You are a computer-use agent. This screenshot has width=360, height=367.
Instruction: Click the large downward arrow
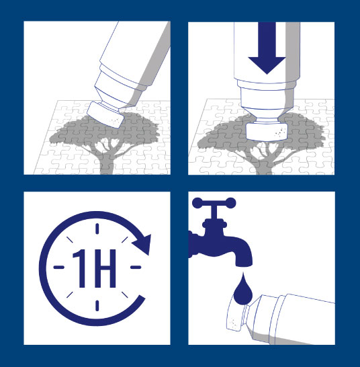pyautogui.click(x=267, y=48)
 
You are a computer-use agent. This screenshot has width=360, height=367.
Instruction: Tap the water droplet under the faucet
pyautogui.click(x=243, y=290)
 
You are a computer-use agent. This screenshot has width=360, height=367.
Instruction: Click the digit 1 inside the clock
pyautogui.click(x=79, y=268)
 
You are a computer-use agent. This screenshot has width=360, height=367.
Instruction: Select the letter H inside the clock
pyautogui.click(x=105, y=268)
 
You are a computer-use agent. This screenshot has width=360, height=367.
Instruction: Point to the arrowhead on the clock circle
pyautogui.click(x=142, y=244)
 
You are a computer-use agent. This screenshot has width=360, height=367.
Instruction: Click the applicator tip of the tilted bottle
pyautogui.click(x=105, y=115)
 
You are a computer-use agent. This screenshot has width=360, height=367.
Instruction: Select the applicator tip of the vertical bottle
pyautogui.click(x=267, y=132)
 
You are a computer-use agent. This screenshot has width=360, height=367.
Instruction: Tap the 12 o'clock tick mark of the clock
pyautogui.click(x=97, y=229)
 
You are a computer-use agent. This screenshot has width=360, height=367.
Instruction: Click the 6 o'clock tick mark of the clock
pyautogui.click(x=97, y=306)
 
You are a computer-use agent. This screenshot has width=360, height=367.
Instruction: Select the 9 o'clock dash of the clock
pyautogui.click(x=59, y=267)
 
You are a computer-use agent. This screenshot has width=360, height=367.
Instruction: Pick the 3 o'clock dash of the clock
pyautogui.click(x=136, y=267)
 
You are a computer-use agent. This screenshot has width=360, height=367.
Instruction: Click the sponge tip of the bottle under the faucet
pyautogui.click(x=235, y=317)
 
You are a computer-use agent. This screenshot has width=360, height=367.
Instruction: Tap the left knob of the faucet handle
pyautogui.click(x=197, y=202)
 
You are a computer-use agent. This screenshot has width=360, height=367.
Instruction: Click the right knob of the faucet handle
pyautogui.click(x=230, y=202)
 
